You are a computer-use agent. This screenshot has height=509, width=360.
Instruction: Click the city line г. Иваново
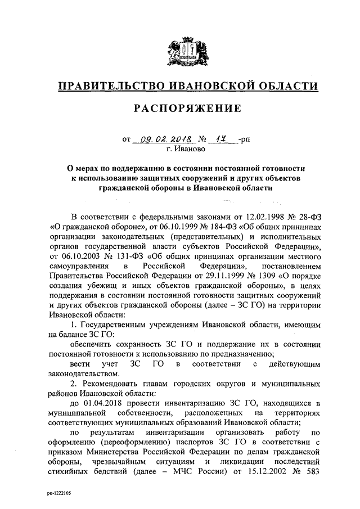coord(186,150)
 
